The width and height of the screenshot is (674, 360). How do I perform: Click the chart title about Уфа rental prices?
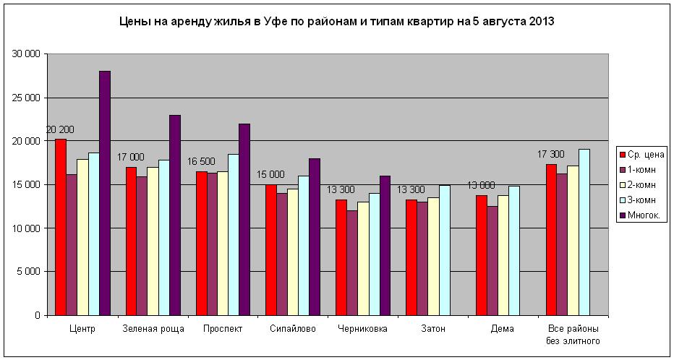336,22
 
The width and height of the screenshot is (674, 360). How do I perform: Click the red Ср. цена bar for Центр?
61,227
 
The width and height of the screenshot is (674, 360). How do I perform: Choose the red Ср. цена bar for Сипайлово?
271,249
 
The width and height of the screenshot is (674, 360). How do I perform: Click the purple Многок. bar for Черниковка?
385,245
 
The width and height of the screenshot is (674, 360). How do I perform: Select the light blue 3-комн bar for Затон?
445,250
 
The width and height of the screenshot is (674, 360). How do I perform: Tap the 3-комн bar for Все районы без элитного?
584,232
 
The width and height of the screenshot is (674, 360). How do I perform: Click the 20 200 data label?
60,129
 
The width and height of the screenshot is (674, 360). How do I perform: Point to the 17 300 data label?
551,154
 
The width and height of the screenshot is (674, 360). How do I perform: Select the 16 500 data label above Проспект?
202,161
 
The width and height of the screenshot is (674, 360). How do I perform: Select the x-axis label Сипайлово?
293,329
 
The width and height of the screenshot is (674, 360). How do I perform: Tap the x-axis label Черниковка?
363,329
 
